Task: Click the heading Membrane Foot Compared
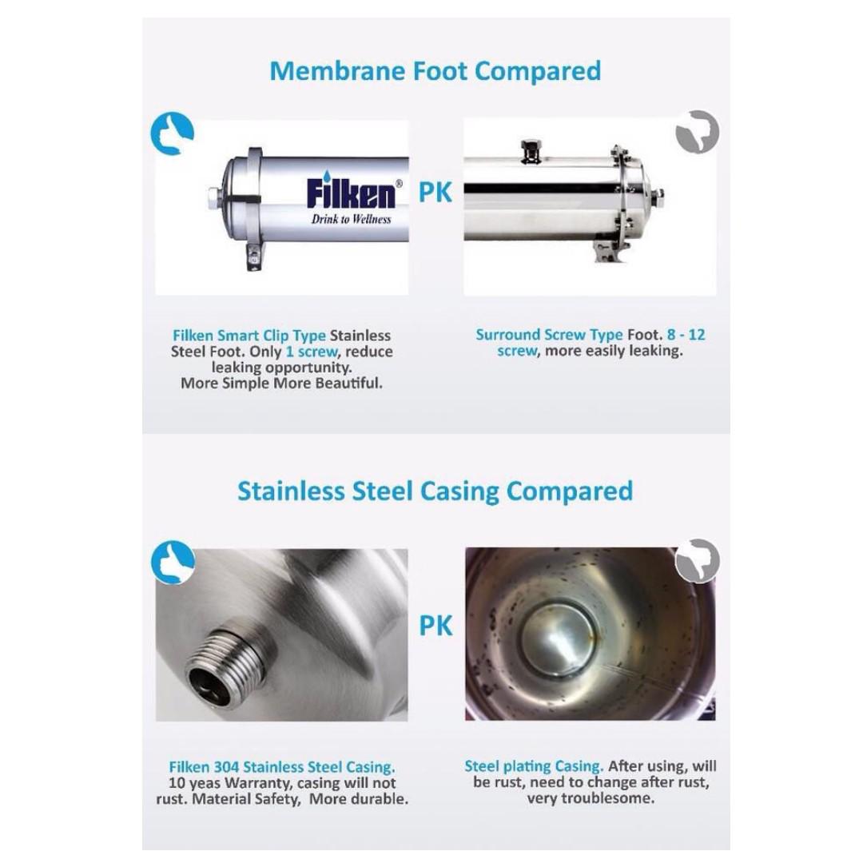tap(435, 72)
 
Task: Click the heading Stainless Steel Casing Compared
tap(435, 491)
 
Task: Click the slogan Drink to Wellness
tap(351, 219)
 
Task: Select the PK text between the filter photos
tap(435, 192)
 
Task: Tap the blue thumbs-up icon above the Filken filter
tap(173, 133)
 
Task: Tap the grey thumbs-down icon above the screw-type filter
tap(698, 132)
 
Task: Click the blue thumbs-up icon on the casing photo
tap(173, 562)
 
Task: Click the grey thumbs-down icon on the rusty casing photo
tap(698, 560)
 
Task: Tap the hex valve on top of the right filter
tap(531, 150)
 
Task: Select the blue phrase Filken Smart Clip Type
tap(249, 336)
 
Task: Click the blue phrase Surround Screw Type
tap(549, 335)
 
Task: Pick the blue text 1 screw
tap(312, 352)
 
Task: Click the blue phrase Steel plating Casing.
tap(534, 766)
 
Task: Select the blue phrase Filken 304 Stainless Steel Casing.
tap(282, 767)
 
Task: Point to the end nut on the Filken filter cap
tap(213, 198)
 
